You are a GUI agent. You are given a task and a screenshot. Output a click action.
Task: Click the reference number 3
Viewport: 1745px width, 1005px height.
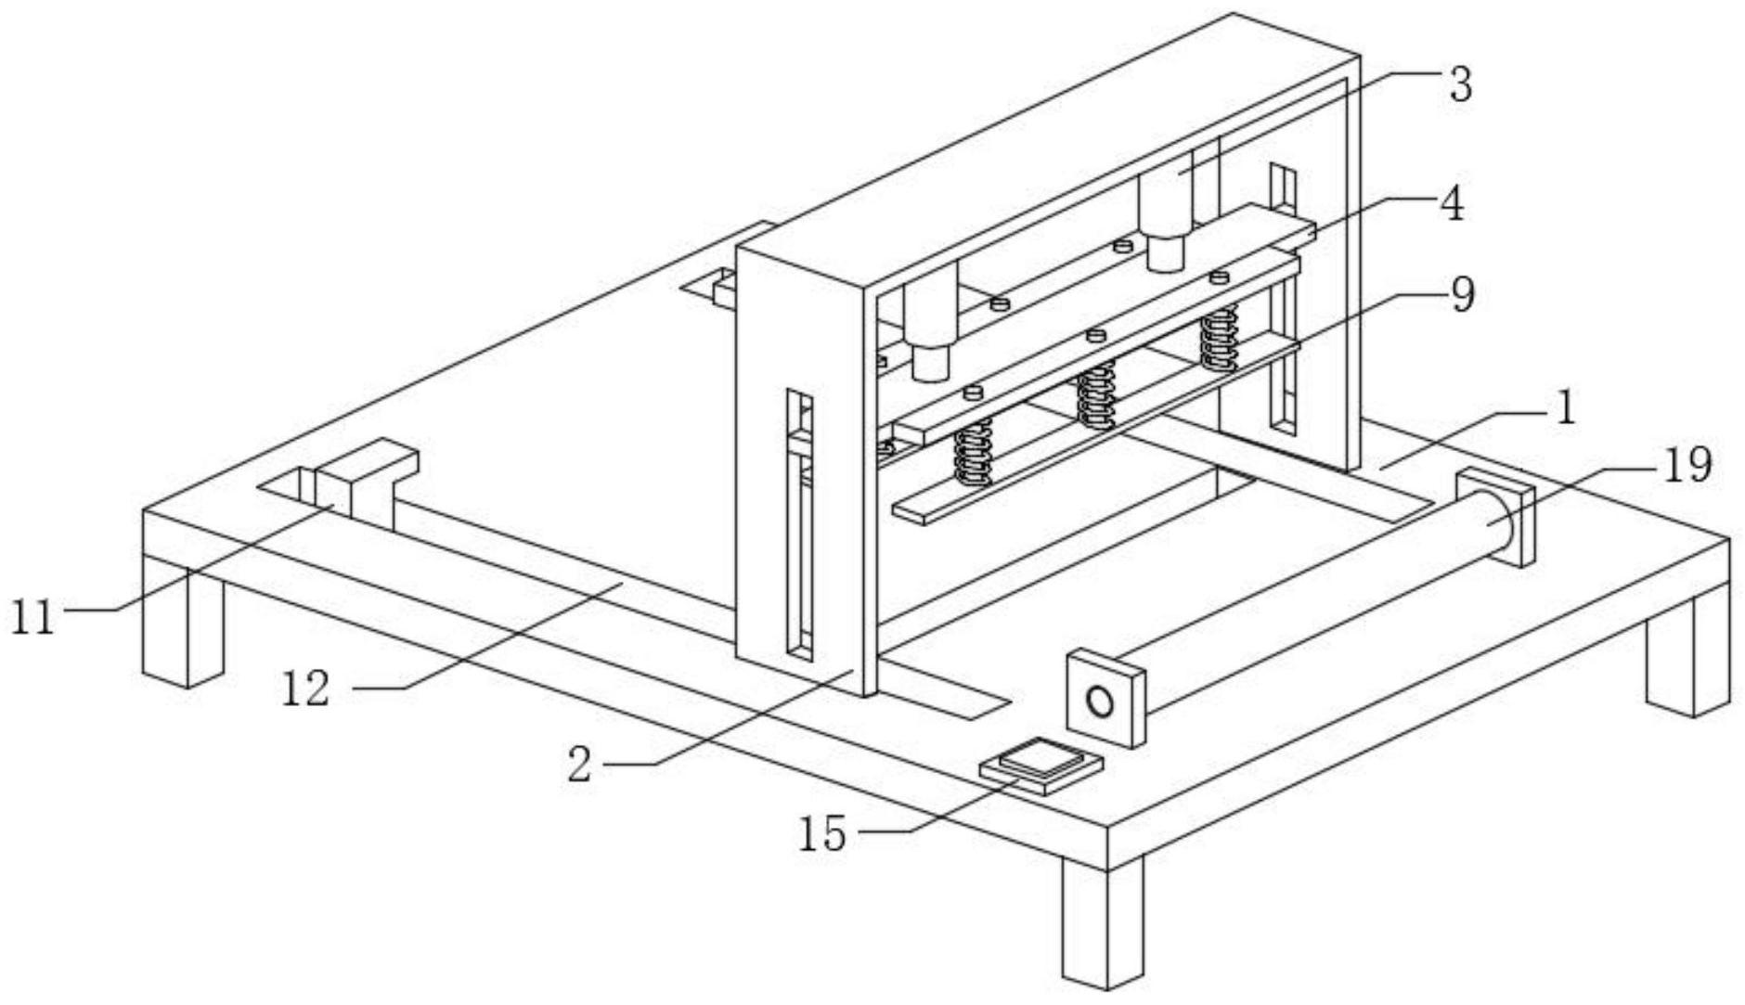[1460, 84]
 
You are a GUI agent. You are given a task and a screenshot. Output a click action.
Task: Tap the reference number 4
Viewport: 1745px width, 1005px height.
[1453, 203]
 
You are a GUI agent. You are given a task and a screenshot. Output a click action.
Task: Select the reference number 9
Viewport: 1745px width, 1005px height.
[1461, 295]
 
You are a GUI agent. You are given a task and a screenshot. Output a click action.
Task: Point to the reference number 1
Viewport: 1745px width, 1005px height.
[1565, 408]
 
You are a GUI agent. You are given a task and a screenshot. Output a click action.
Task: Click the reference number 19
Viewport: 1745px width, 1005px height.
[1687, 465]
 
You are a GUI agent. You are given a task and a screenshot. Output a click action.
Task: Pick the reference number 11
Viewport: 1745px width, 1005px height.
[32, 617]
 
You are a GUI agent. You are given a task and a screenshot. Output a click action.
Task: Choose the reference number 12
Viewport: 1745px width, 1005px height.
[305, 689]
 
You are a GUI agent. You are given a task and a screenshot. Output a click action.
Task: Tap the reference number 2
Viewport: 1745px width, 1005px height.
[579, 766]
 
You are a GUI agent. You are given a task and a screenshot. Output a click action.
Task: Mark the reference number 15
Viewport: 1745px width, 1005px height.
[822, 833]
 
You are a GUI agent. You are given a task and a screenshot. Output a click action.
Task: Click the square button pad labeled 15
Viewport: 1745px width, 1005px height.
[1042, 765]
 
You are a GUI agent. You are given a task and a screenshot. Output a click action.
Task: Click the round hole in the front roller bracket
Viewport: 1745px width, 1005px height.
[1100, 702]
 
